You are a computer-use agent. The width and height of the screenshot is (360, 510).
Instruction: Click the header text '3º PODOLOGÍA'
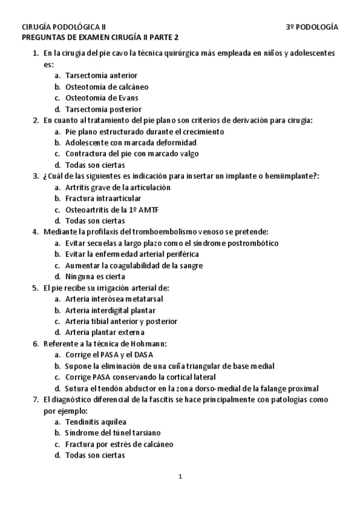tap(311, 28)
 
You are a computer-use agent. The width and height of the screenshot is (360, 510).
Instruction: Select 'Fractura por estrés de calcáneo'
tap(119, 444)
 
